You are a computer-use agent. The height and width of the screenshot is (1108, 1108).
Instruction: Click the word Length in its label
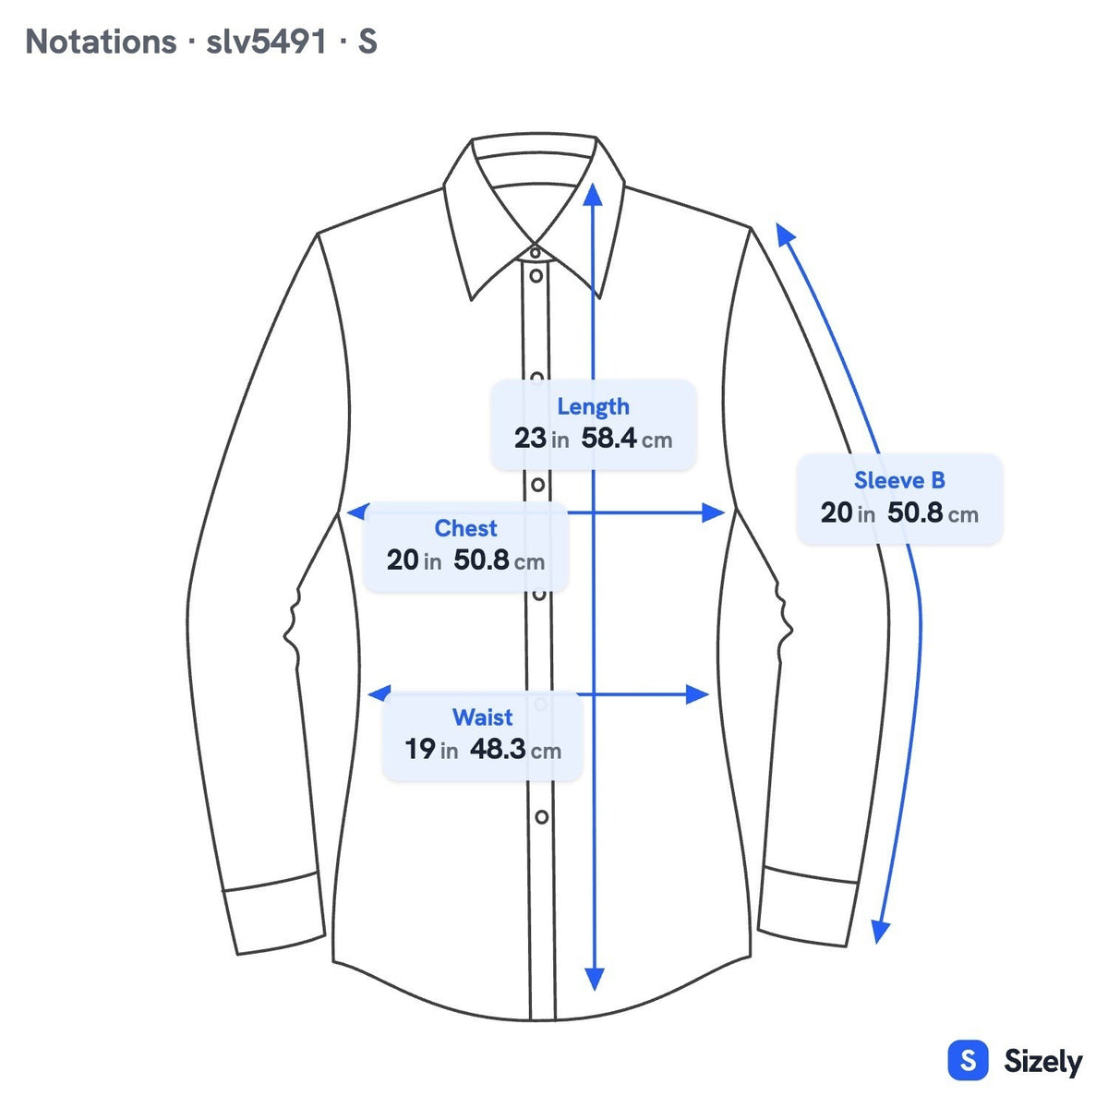tap(593, 407)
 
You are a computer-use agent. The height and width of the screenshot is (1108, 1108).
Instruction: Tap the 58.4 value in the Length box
tap(608, 439)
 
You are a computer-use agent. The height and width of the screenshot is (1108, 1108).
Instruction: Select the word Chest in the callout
tap(465, 528)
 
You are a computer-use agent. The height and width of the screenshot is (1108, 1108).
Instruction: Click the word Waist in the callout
tap(482, 717)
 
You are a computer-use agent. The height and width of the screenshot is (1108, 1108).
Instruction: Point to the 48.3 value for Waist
tap(498, 749)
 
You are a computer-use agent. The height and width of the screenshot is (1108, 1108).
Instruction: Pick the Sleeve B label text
tap(899, 480)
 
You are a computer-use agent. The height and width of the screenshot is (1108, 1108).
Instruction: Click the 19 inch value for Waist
tap(420, 749)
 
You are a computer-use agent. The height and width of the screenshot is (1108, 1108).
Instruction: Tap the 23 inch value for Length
tap(530, 439)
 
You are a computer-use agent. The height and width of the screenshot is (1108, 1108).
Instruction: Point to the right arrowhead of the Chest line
tap(713, 512)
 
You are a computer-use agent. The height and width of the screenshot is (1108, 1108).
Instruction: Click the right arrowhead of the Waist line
tap(697, 694)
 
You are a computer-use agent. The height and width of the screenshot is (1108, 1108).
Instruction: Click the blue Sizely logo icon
tap(969, 1060)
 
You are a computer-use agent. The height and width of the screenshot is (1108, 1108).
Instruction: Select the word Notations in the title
tap(102, 42)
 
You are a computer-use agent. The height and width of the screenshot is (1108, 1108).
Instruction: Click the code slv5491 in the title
tap(266, 42)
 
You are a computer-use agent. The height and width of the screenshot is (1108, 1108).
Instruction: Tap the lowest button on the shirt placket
tap(542, 816)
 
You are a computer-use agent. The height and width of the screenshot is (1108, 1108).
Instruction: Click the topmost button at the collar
tap(535, 252)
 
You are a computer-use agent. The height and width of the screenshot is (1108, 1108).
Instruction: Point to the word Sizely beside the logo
tap(1042, 1062)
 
